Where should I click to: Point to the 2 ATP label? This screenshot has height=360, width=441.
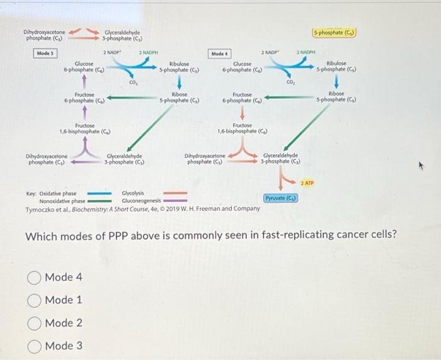(x=307, y=183)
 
